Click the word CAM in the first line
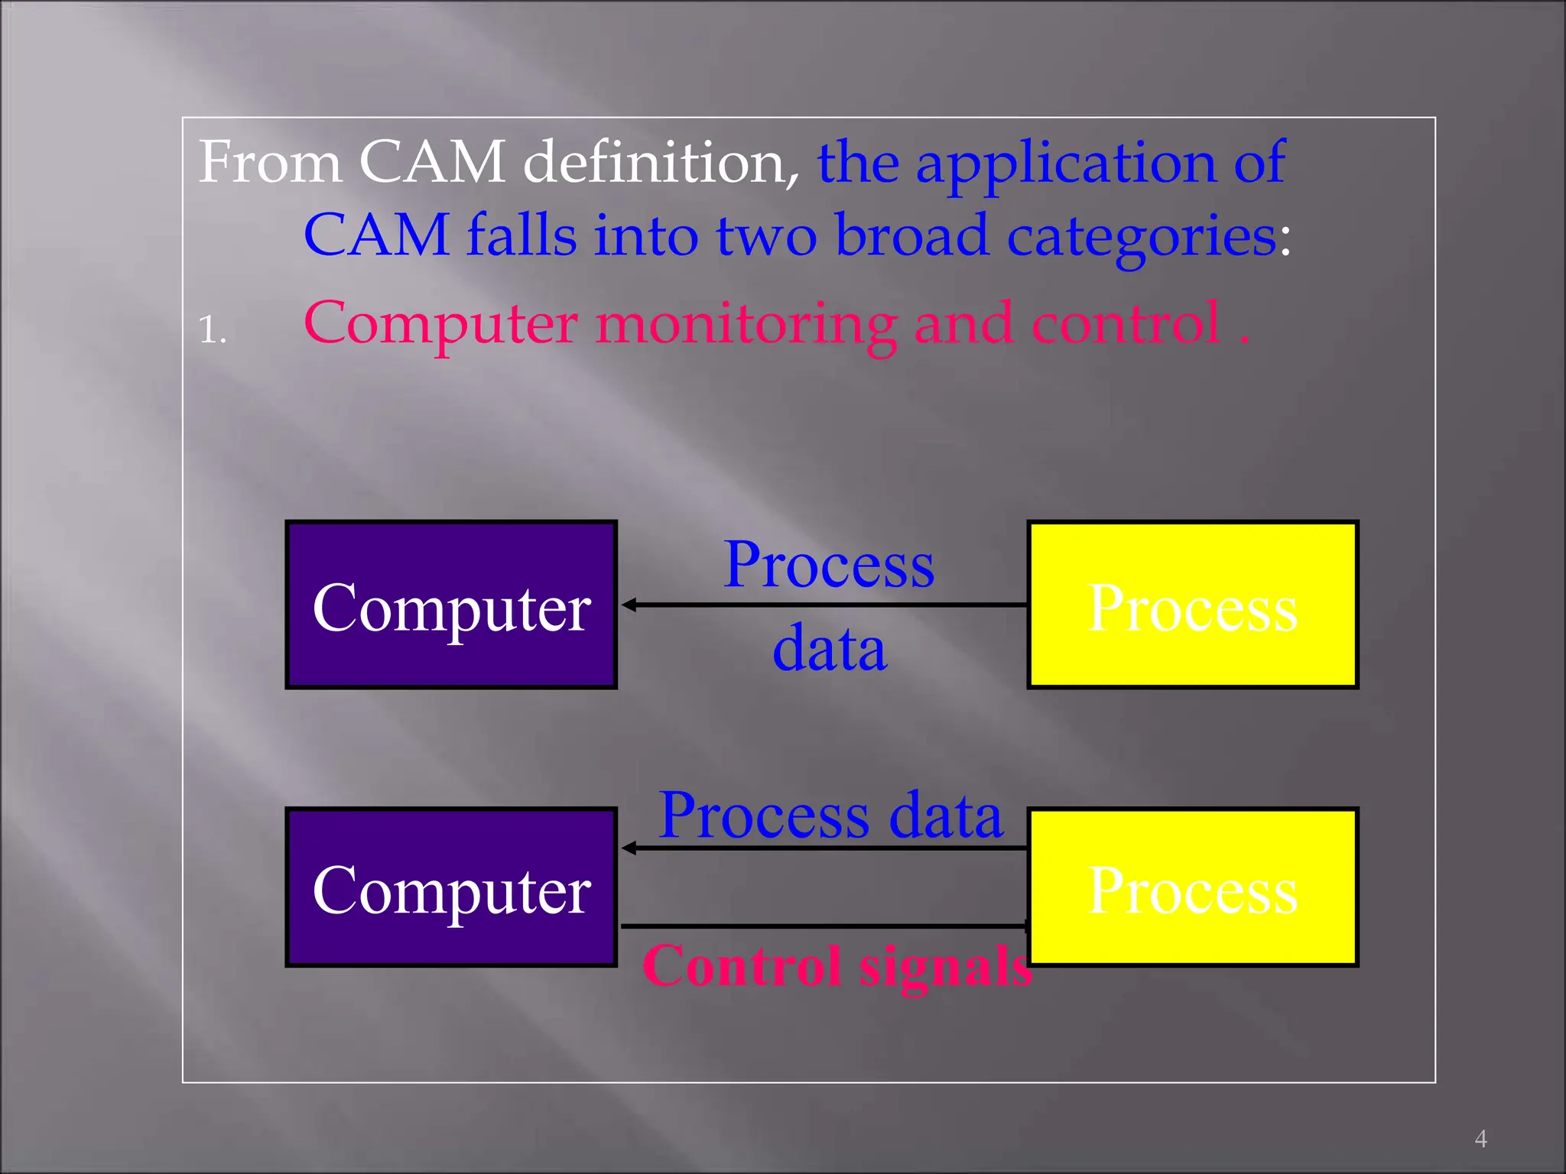point(432,162)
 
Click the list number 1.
point(212,330)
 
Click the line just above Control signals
point(822,926)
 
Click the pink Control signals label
point(837,965)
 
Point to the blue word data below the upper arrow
point(830,648)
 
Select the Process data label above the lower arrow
point(830,815)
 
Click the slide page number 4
point(1481,1139)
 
